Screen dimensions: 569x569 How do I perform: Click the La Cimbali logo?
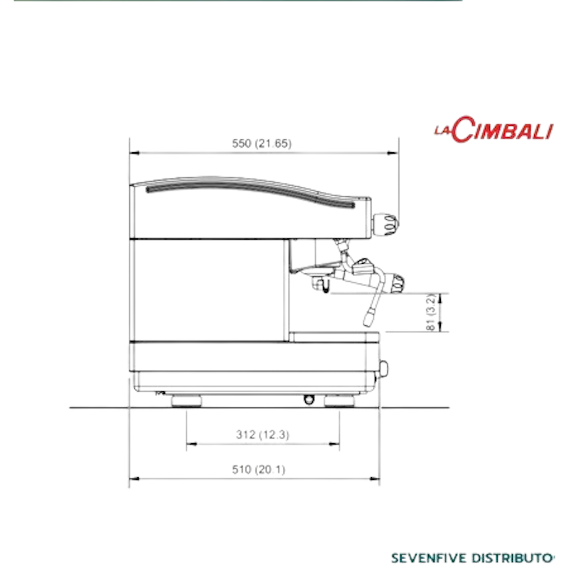[x=494, y=129]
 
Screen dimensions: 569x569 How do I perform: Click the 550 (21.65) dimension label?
[x=262, y=144]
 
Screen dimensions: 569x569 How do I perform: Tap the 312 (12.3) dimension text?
[x=262, y=435]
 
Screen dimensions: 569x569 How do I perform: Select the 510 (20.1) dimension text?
[x=258, y=469]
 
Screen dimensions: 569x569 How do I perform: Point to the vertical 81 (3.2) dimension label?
[x=430, y=312]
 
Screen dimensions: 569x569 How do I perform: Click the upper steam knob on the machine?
[x=385, y=224]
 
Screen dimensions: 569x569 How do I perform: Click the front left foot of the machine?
[x=339, y=400]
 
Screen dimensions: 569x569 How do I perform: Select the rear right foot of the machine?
[x=186, y=400]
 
